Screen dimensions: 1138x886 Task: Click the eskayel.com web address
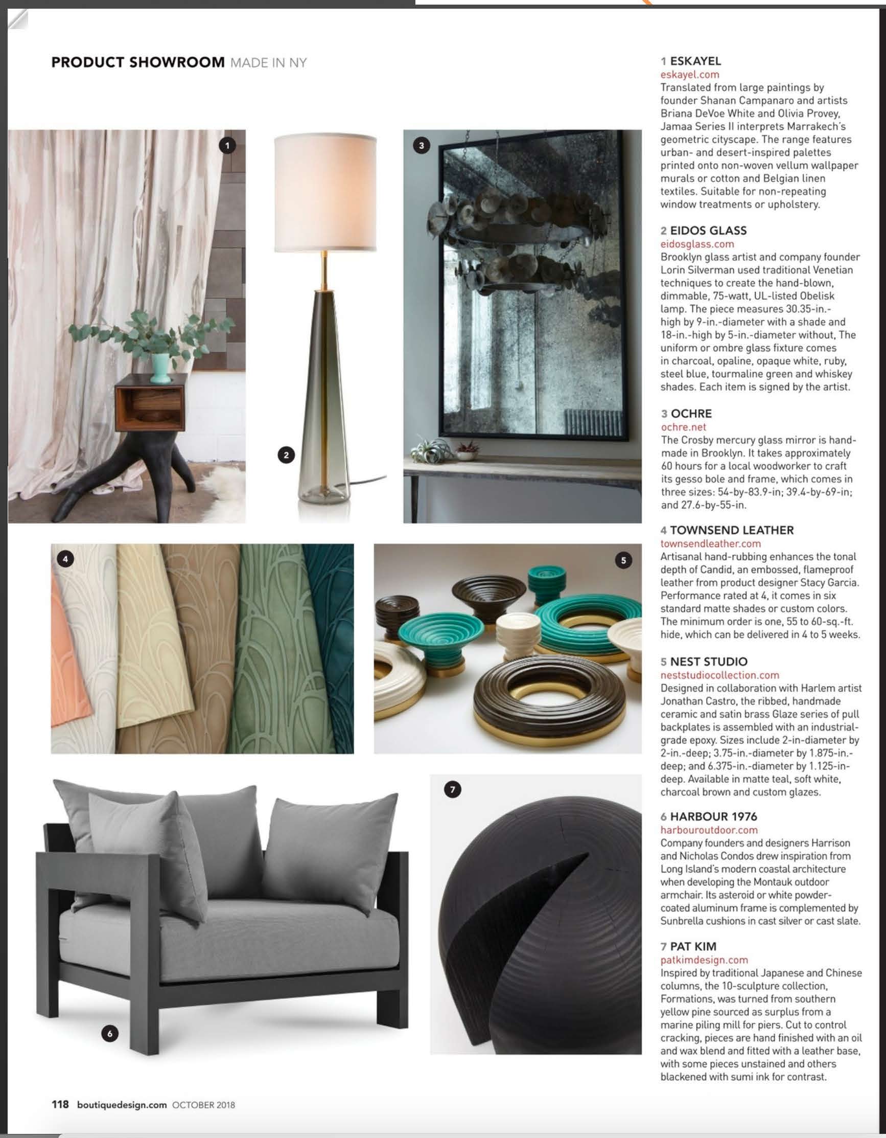tap(689, 75)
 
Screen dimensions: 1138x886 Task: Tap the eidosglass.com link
tap(697, 244)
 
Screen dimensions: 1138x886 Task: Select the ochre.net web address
tap(683, 427)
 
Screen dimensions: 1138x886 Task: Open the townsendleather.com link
tap(710, 543)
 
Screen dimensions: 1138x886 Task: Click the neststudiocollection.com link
tap(719, 675)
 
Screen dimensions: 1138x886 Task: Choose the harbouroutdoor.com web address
tap(708, 830)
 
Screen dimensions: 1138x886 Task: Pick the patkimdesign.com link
tap(704, 959)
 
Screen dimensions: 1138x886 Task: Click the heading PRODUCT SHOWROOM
tap(137, 62)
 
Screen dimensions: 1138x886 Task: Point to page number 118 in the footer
tap(60, 1104)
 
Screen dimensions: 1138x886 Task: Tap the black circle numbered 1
tap(227, 145)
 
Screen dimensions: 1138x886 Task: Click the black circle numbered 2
tap(286, 455)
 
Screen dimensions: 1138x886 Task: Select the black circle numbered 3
tap(422, 145)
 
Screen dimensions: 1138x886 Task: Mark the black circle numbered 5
tap(623, 561)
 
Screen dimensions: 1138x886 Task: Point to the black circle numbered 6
tap(109, 1033)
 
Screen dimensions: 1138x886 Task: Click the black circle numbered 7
tap(452, 789)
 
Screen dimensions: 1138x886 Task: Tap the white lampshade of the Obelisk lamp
tap(325, 193)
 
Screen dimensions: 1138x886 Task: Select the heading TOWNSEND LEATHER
tap(731, 530)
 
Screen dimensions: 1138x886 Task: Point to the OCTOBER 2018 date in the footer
tap(203, 1105)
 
